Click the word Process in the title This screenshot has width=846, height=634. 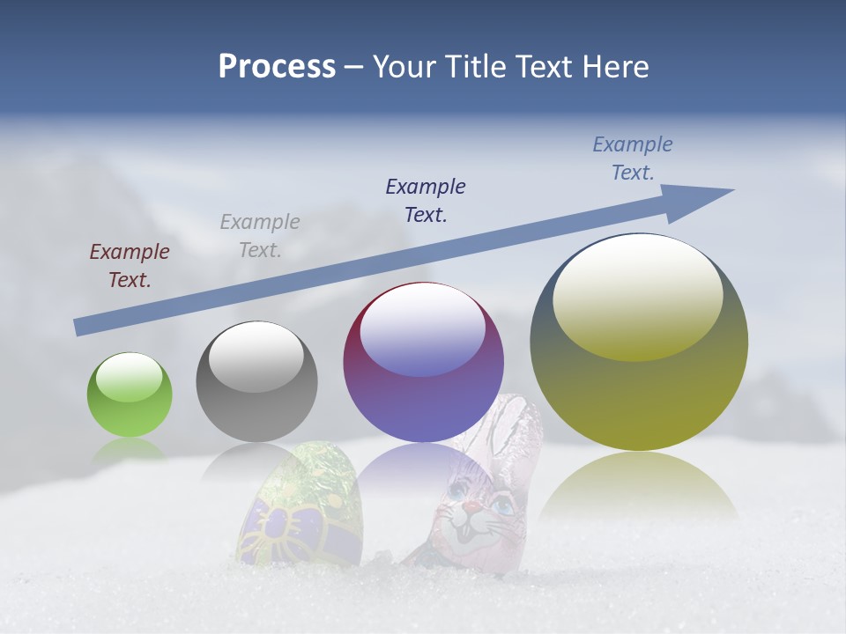click(277, 67)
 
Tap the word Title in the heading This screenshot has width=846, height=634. click(477, 67)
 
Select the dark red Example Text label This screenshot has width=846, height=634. click(130, 266)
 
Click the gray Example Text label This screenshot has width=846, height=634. click(260, 236)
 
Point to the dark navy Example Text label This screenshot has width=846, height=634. click(426, 201)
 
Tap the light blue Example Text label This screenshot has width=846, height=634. click(633, 158)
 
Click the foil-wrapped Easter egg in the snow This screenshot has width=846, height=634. click(300, 511)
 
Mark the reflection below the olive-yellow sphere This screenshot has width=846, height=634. click(639, 484)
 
